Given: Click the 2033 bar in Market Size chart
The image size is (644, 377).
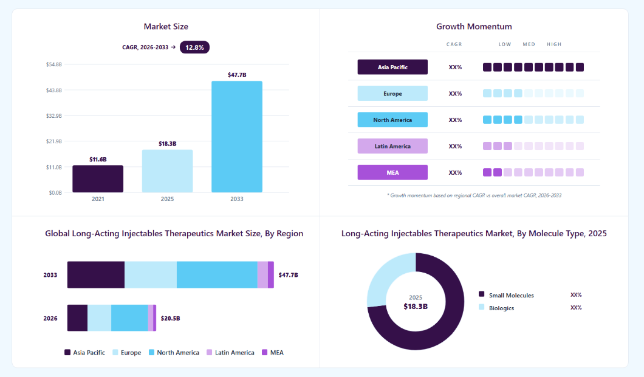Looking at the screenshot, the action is coord(237,137).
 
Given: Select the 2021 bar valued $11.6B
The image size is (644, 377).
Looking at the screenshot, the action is coord(98,179).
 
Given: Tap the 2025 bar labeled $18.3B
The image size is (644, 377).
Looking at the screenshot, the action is coord(167,171).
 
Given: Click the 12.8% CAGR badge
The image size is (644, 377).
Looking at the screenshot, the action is coord(194,47).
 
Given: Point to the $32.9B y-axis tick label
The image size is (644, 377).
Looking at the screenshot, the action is coord(54,116).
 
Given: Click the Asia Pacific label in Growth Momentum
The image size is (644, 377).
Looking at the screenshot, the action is coord(392,67).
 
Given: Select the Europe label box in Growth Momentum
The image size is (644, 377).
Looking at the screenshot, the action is coord(392,93).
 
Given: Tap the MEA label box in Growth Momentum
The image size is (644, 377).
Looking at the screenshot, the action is coord(392,172).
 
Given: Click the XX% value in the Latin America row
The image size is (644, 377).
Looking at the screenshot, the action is coord(455,146).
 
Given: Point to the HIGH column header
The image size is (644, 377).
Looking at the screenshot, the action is coord(554,44).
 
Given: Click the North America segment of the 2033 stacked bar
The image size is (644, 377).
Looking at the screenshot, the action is coord(217,275).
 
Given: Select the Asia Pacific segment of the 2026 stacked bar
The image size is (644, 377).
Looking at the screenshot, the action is coord(77,318).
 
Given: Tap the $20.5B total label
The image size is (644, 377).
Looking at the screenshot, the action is coord(171,318).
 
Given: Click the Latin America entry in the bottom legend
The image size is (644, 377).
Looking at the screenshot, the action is coord(230,352).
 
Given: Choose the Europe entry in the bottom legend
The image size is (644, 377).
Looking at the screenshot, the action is coord(126,352).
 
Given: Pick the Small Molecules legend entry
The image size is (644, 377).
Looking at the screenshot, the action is coord(507,295).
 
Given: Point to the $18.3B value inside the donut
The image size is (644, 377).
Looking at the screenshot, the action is coord(416,307).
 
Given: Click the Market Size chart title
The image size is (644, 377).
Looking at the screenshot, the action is coord(166,26).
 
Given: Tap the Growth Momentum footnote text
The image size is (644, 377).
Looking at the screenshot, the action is coord(474,195).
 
